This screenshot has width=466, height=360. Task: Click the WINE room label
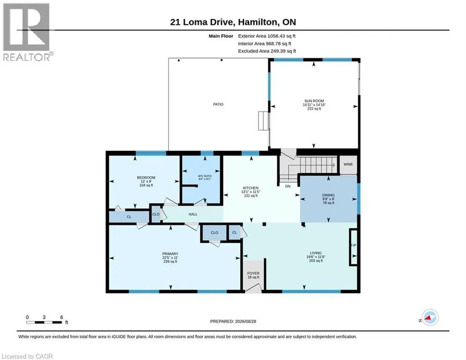coord(348,164)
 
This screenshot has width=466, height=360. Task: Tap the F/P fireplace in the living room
coord(353,247)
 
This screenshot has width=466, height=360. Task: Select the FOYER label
coord(253,273)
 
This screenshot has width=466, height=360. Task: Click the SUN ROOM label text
coord(314,101)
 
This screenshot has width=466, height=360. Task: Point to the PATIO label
coord(218,104)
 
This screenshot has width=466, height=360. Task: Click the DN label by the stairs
coord(288,186)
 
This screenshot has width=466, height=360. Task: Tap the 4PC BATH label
coord(205,176)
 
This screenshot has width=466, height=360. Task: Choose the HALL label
coord(193,214)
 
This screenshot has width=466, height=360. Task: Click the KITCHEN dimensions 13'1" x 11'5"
coord(250,192)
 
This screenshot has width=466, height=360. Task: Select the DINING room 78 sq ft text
coord(328,203)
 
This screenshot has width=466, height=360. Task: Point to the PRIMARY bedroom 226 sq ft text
coord(170,262)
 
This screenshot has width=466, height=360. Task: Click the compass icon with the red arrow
coord(430,317)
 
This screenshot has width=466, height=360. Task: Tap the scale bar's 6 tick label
coord(61,317)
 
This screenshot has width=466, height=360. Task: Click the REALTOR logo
coord(27,32)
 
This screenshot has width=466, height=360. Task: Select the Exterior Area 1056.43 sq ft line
coord(266,36)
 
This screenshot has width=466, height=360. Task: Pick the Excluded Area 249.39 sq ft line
coord(267,51)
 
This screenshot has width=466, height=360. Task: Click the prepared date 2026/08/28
coord(245,321)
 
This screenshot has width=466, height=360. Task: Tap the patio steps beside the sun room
coord(263,121)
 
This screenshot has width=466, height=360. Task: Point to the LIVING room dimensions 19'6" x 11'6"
coord(316,257)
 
